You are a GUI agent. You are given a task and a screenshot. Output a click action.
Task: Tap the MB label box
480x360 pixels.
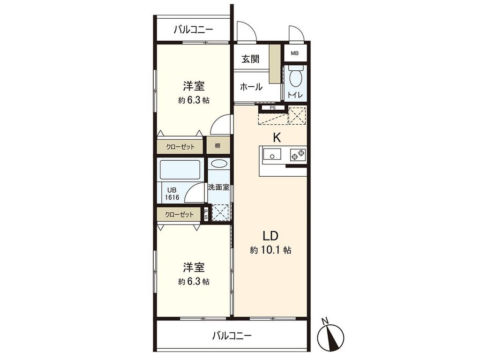click(294, 53)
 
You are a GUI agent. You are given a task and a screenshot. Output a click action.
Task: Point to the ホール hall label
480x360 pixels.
click(251, 87)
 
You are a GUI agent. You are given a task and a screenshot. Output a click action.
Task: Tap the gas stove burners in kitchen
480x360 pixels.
click(298, 153)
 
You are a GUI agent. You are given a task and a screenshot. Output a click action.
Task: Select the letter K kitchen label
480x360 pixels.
click(277, 138)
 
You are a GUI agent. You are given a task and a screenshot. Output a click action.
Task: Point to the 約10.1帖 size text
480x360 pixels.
click(270, 250)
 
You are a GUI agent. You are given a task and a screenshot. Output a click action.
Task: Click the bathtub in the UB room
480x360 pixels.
click(180, 170)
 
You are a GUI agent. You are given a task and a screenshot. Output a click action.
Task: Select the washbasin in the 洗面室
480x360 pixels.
click(218, 164)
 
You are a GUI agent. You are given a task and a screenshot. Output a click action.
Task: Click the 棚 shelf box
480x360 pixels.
click(218, 146)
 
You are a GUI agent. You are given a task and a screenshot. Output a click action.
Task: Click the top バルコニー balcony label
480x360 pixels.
click(193, 30)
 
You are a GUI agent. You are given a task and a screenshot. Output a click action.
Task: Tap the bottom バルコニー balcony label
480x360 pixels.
click(232, 336)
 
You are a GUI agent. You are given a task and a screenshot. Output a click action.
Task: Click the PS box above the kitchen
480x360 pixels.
click(272, 108)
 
